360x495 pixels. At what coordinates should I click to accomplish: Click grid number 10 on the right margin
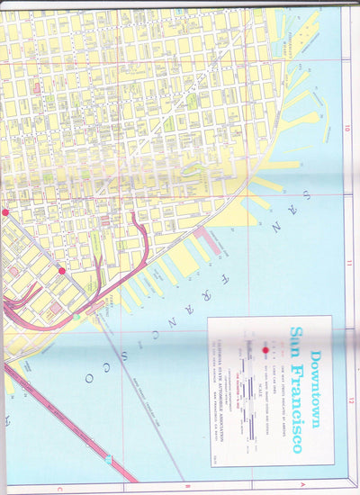[x=346, y=128]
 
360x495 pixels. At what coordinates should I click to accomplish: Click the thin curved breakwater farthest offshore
[x=325, y=112]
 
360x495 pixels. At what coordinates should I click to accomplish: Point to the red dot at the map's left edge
[x=4, y=212]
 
